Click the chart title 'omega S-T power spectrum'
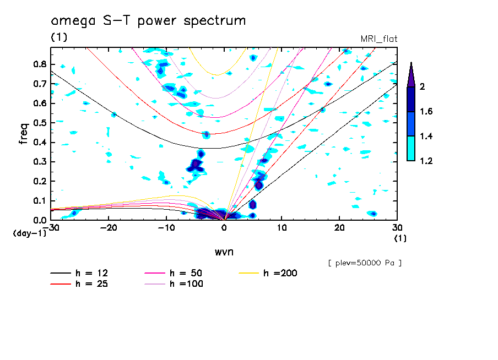pos(148,21)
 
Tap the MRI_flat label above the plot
pos(378,39)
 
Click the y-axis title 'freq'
pos(24,134)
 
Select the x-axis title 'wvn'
pos(223,252)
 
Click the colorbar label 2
pos(423,86)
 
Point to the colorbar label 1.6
pos(425,111)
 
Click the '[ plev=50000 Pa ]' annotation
pos(364,263)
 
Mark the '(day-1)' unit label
pos(29,233)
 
